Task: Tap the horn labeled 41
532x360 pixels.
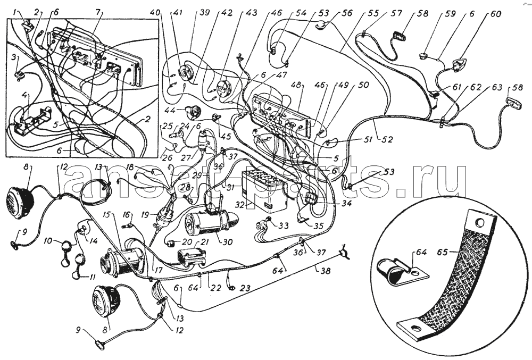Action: tap(187, 72)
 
